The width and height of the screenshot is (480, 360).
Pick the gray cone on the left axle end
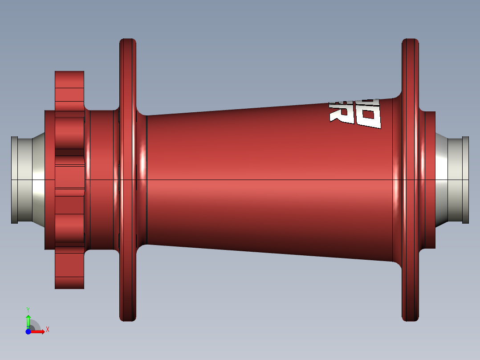[38, 180]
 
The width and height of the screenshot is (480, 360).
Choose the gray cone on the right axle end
[441, 180]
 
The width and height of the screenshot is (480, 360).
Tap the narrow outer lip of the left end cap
[14, 180]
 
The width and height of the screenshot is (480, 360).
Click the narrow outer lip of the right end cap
[466, 180]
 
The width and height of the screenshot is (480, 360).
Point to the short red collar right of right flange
[429, 180]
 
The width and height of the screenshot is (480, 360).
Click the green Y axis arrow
[28, 320]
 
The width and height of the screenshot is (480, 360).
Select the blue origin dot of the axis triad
[28, 331]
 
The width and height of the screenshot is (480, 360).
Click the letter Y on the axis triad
[28, 309]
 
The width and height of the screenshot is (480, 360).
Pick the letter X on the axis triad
[47, 330]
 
